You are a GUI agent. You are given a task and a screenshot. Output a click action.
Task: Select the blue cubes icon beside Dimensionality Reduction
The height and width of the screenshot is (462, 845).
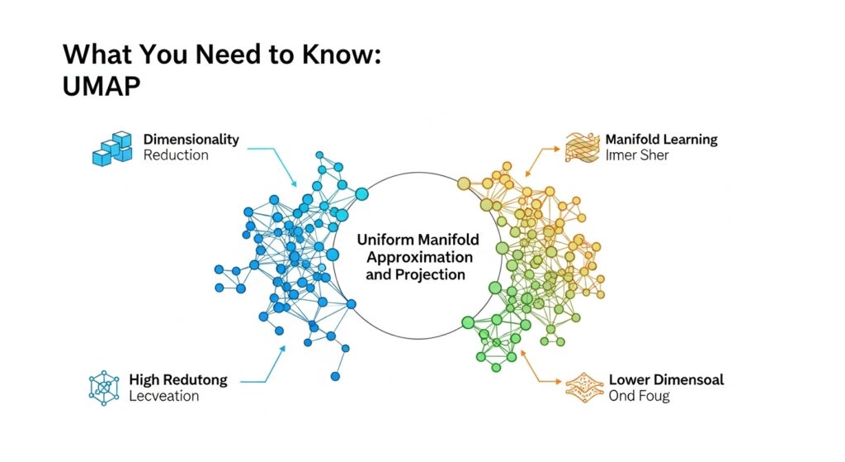click(111, 148)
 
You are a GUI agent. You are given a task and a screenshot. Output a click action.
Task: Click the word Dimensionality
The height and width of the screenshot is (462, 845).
click(191, 139)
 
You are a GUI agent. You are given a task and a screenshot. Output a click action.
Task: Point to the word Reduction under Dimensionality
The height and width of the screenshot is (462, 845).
click(176, 155)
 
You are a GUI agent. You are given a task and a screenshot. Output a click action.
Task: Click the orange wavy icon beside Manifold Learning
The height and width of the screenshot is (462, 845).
click(579, 146)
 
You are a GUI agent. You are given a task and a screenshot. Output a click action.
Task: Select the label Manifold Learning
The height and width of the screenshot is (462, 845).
click(661, 139)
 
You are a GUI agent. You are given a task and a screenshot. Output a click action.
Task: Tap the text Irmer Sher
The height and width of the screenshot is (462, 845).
click(637, 155)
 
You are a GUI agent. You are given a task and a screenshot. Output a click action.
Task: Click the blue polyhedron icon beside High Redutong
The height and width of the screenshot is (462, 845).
click(103, 387)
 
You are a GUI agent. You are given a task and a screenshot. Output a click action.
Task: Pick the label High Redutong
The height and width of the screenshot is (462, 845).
click(177, 380)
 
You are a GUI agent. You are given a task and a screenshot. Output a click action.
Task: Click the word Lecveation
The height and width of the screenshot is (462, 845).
click(164, 397)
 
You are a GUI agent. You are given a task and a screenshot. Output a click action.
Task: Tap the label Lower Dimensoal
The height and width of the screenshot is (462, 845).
click(666, 380)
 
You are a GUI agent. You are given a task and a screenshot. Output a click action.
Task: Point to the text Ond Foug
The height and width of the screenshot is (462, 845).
click(639, 397)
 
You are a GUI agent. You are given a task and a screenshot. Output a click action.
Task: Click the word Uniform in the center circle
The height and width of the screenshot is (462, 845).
click(388, 239)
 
